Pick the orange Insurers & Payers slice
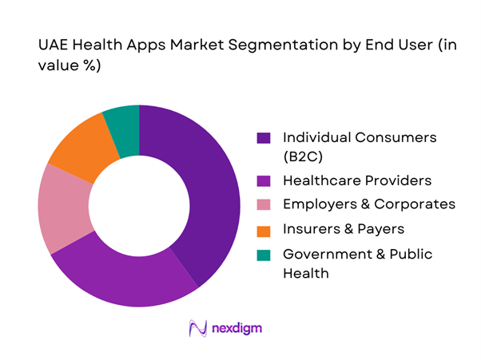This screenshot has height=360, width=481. [x=80, y=148]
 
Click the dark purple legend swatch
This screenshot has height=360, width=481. [x=263, y=138]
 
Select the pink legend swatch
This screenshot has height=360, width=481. [x=263, y=204]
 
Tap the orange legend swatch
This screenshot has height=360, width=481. [x=263, y=230]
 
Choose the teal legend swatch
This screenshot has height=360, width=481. [x=263, y=255]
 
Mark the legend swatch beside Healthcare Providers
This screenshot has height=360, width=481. [x=263, y=180]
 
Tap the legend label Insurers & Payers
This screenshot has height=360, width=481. [x=343, y=230]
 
